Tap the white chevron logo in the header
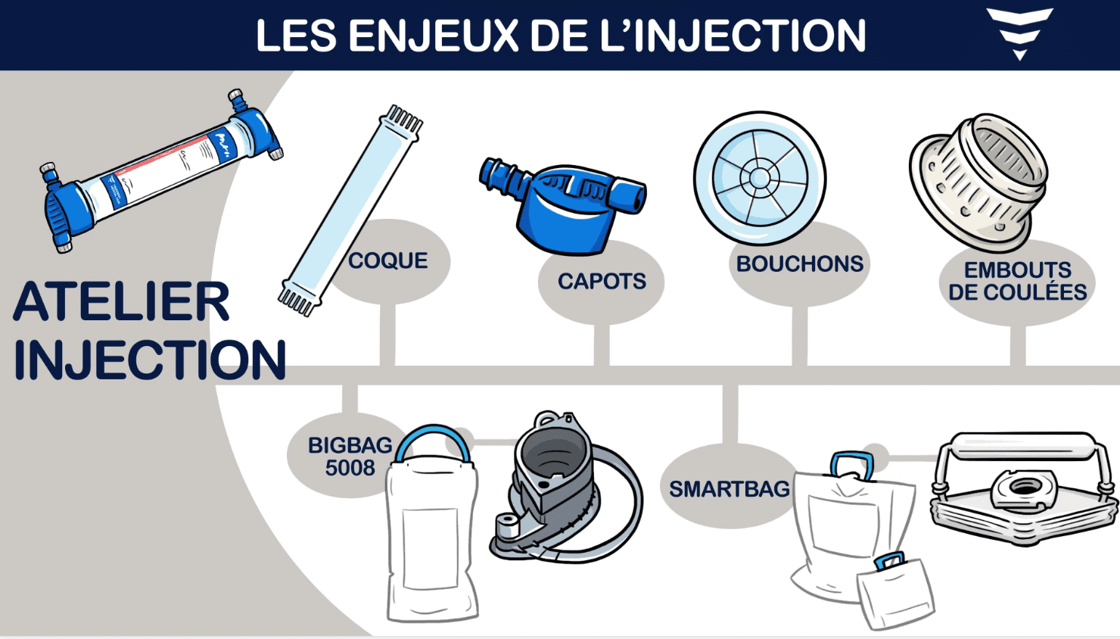[1020, 33]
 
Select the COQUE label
[388, 260]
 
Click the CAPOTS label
[602, 281]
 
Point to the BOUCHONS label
[799, 263]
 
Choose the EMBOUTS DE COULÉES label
[1018, 281]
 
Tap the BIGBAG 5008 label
[350, 457]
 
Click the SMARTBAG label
[730, 489]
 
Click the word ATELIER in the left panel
[122, 301]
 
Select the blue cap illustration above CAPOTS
[563, 206]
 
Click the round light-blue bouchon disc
[760, 178]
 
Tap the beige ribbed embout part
[978, 182]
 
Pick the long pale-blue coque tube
[350, 210]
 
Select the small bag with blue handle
[895, 591]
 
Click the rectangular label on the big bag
[430, 548]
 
